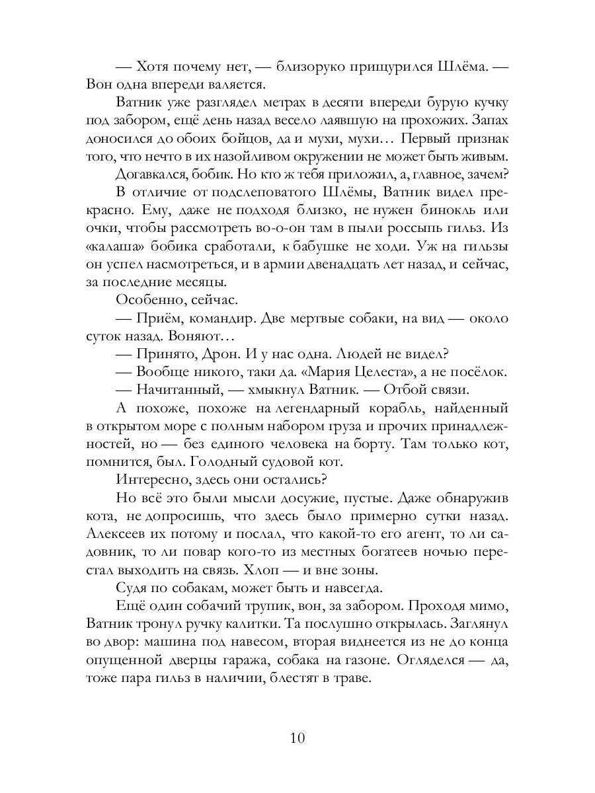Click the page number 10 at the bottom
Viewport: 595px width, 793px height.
[x=297, y=737]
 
